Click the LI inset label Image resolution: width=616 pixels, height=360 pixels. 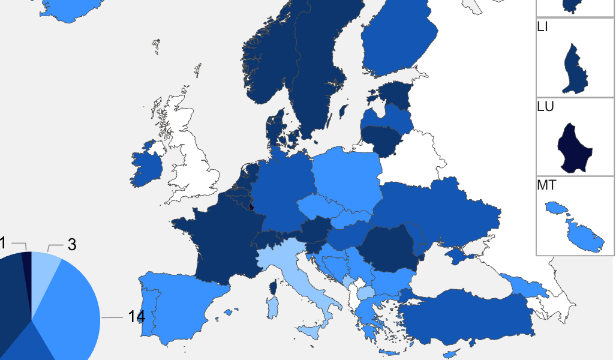(x=543, y=27)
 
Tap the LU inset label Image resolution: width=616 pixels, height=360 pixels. (x=545, y=106)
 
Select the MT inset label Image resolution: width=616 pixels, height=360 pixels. (x=546, y=185)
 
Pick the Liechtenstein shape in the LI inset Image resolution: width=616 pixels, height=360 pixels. (x=575, y=70)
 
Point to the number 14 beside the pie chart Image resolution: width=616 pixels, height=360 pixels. (x=137, y=317)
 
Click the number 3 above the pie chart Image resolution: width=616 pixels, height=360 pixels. (x=72, y=245)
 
